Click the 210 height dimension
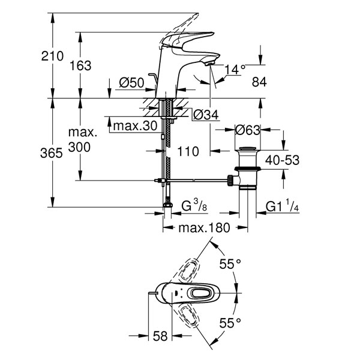click(x=52, y=56)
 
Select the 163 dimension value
click(x=80, y=65)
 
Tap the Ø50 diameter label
click(x=131, y=83)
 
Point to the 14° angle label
click(x=235, y=70)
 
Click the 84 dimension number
click(x=259, y=82)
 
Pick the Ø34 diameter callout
click(x=206, y=115)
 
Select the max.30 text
click(x=135, y=126)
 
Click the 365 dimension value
click(x=52, y=153)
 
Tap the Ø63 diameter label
click(x=247, y=130)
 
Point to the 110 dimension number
click(x=188, y=152)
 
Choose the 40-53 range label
click(x=282, y=160)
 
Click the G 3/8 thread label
click(x=194, y=205)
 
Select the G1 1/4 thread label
click(x=282, y=205)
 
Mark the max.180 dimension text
click(x=204, y=228)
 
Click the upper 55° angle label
click(x=230, y=264)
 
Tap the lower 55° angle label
click(x=230, y=323)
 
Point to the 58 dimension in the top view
click(x=160, y=337)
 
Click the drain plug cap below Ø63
click(x=247, y=148)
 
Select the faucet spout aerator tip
click(x=209, y=64)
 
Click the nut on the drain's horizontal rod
click(x=230, y=180)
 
